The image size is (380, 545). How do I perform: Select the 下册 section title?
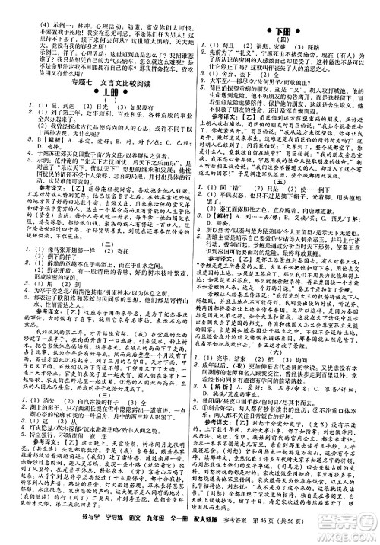click(x=283, y=28)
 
